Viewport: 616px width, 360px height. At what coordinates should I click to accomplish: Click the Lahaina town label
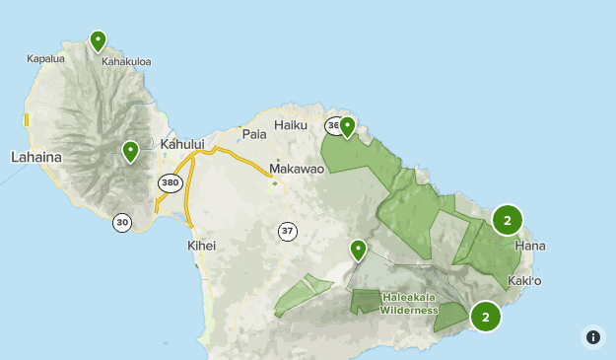36,157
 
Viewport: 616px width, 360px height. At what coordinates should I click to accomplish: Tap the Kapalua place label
45,58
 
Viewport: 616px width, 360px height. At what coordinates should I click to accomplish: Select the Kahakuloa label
126,61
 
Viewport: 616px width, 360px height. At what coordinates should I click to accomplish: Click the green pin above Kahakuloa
98,40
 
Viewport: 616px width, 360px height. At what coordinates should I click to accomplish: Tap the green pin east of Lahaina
130,151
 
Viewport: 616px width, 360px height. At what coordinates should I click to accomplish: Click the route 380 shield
169,182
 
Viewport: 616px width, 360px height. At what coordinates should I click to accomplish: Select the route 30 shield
122,222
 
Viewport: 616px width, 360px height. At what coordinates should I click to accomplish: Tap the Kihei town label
201,246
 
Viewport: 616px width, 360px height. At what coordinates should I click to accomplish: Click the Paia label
254,133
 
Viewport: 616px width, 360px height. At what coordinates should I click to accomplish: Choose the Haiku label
291,125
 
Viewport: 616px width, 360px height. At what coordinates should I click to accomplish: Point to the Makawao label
297,169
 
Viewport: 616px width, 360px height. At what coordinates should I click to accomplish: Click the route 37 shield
287,232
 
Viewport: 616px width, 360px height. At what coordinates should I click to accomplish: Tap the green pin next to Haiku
347,126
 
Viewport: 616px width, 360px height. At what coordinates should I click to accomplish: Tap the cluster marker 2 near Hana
507,220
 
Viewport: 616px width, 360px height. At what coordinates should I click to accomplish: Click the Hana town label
529,246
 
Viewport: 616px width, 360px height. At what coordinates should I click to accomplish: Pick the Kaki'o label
524,281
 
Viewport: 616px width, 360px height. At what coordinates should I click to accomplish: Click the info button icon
593,337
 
